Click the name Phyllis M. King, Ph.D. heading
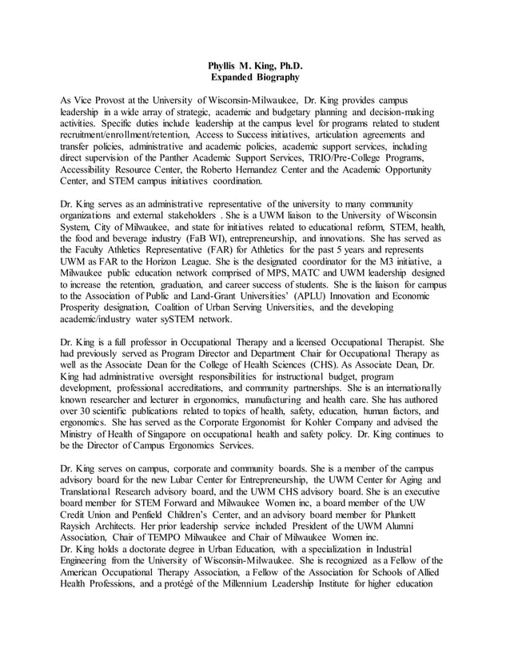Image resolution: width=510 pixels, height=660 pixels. (x=254, y=66)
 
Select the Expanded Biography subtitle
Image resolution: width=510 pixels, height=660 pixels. (x=254, y=78)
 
